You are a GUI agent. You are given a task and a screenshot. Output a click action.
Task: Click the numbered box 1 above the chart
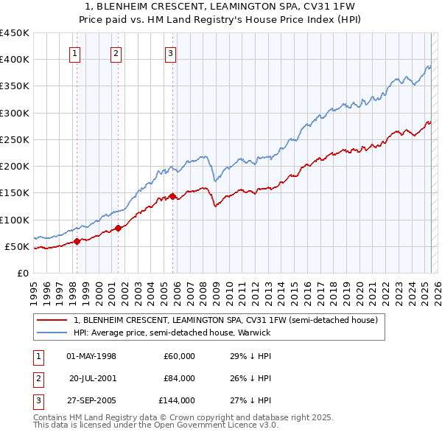coord(76,52)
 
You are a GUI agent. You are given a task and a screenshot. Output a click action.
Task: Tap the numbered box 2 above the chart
coord(116,52)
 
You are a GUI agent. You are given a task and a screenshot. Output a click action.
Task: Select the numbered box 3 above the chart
coord(170,52)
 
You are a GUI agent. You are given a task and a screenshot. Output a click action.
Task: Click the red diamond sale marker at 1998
coord(77,241)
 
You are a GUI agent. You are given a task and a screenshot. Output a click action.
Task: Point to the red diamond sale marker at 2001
coord(118,228)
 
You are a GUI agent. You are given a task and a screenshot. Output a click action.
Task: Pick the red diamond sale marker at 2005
coord(172,196)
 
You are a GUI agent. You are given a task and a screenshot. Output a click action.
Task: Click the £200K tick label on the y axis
coord(15,166)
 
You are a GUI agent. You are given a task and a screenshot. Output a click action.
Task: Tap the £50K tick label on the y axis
coord(18,246)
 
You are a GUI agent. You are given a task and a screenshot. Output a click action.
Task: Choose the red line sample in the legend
coord(52,321)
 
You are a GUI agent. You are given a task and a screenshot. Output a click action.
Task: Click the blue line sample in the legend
coord(52,333)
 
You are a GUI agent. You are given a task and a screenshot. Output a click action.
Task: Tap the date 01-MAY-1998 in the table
coord(91,356)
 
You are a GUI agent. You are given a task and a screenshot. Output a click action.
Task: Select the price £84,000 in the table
coord(179,378)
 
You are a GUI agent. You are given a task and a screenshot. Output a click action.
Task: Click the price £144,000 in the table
coord(177,400)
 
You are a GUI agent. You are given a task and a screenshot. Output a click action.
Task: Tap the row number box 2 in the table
coord(37,378)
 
